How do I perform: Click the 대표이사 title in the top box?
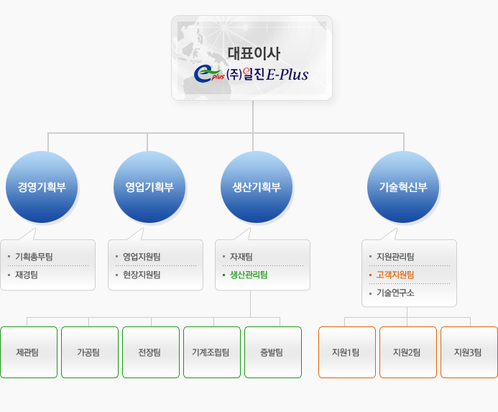coord(253,52)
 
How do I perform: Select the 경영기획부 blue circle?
coord(41,187)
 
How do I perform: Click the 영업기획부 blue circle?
coord(149,187)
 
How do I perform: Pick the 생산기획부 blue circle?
coord(257,187)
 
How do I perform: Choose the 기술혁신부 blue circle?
coord(402,187)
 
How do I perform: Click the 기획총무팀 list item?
coord(34,257)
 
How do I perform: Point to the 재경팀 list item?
coord(27,275)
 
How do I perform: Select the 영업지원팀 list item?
coord(142,257)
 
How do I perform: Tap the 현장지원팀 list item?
coord(142,275)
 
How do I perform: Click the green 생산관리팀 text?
coord(249,275)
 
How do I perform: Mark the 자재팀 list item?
coord(241,257)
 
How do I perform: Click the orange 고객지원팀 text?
coord(395,275)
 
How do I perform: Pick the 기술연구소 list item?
coord(395,293)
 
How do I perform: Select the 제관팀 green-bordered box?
coord(29,352)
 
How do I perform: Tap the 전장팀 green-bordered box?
coord(151,352)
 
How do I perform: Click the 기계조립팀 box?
coord(212,352)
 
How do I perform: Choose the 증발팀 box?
coord(273,352)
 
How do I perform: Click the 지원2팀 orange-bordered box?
coord(408,352)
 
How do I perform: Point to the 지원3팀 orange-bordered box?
coord(469,352)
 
